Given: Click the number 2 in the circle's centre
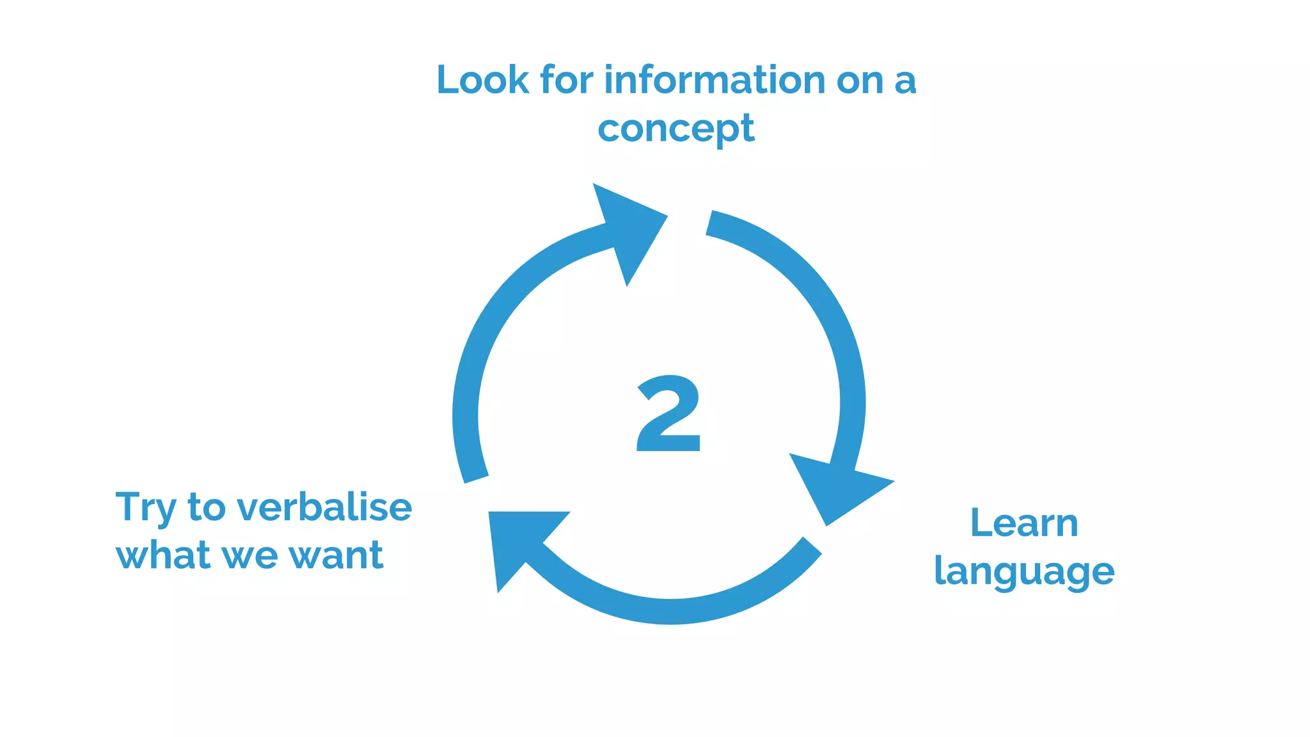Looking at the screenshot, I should pyautogui.click(x=668, y=414).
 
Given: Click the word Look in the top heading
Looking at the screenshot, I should pyautogui.click(x=483, y=81).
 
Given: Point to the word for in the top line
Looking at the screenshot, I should pyautogui.click(x=566, y=81).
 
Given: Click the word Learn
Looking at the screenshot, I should pyautogui.click(x=1024, y=523).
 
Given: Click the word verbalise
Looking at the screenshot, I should pyautogui.click(x=324, y=507).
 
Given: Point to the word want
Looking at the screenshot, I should pyautogui.click(x=336, y=555).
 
